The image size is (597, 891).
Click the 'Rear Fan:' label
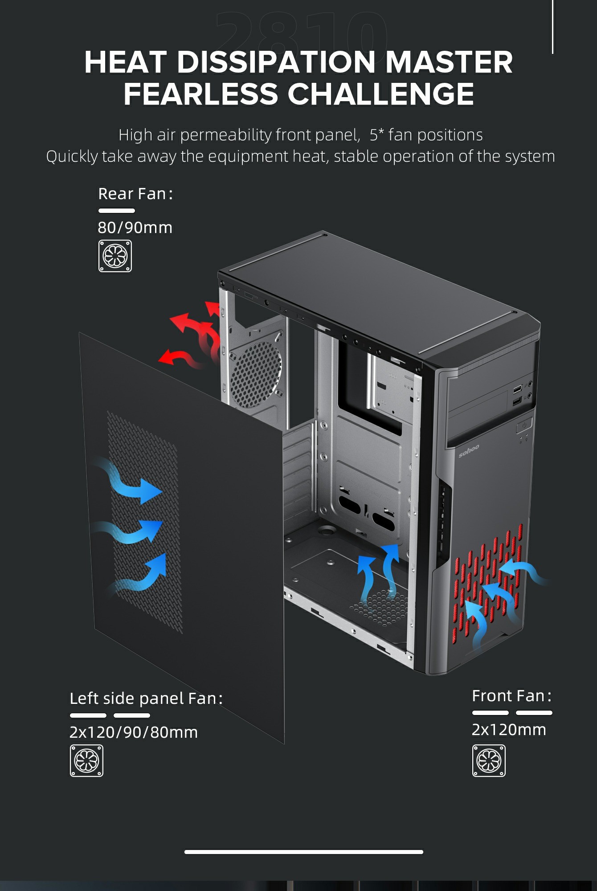point(135,194)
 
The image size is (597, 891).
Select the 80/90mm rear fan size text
point(135,228)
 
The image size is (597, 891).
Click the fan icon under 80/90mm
point(115,256)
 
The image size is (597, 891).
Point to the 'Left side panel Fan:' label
point(146,698)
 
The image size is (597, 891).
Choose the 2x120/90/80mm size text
point(133,732)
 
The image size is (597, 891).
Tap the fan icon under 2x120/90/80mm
point(86,760)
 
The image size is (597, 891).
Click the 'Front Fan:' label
point(511,695)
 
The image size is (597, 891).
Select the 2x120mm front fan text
point(509,729)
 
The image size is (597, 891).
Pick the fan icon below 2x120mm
point(489,760)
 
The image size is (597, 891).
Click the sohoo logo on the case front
point(469,450)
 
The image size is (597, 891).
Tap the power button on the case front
point(524,426)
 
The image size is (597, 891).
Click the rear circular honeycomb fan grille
point(256,374)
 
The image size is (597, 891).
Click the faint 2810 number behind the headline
point(301,31)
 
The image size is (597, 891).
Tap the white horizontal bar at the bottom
point(303,852)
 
